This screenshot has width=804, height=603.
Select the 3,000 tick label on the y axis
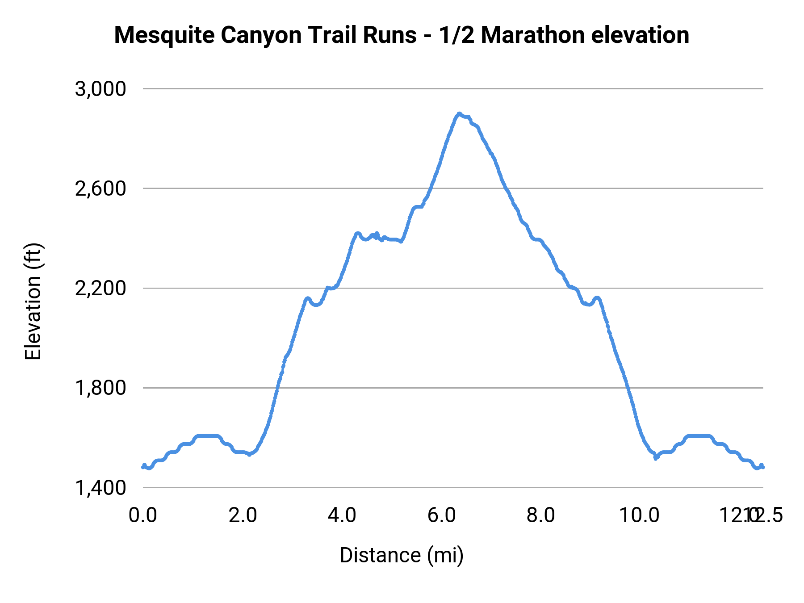pyautogui.click(x=100, y=89)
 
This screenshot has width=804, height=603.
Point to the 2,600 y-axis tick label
pyautogui.click(x=100, y=188)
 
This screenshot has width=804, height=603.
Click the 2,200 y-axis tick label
pyautogui.click(x=100, y=288)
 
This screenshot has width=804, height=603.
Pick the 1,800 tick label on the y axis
pyautogui.click(x=100, y=388)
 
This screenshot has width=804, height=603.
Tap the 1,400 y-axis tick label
pyautogui.click(x=100, y=487)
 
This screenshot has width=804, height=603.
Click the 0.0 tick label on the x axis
pyautogui.click(x=143, y=515)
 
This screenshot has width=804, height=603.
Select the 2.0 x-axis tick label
pyautogui.click(x=243, y=515)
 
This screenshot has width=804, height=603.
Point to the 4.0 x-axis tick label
pyautogui.click(x=342, y=515)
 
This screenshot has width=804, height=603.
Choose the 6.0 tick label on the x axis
pyautogui.click(x=442, y=515)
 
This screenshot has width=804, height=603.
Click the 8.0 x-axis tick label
pyautogui.click(x=541, y=515)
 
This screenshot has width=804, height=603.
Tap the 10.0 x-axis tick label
pyautogui.click(x=639, y=515)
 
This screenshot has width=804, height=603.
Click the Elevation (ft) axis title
pyautogui.click(x=33, y=301)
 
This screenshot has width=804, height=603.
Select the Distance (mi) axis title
pyautogui.click(x=402, y=555)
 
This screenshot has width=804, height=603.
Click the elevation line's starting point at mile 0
pyautogui.click(x=143, y=467)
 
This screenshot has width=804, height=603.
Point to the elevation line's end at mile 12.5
pyautogui.click(x=763, y=467)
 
